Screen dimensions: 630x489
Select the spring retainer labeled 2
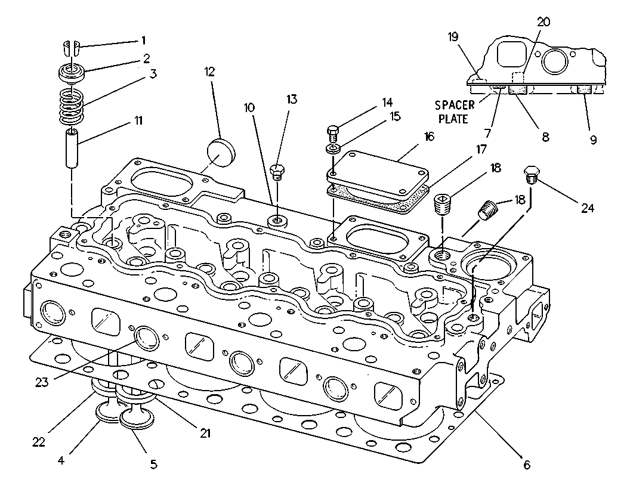[x=72, y=74]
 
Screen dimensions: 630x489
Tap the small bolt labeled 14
[x=333, y=132]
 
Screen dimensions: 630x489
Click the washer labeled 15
[x=333, y=149]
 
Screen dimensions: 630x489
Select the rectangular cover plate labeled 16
[x=378, y=175]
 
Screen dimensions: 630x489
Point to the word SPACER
[x=455, y=105]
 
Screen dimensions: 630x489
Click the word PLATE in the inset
[x=453, y=119]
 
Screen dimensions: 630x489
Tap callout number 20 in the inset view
[x=543, y=22]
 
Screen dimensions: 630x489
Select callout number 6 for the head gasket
[x=526, y=465]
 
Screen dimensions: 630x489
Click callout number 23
[x=42, y=382]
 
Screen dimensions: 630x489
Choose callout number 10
[x=249, y=107]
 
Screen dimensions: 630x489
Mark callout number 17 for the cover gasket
[x=481, y=149]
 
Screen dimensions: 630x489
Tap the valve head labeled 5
[x=137, y=417]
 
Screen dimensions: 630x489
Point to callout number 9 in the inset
[x=593, y=140]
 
